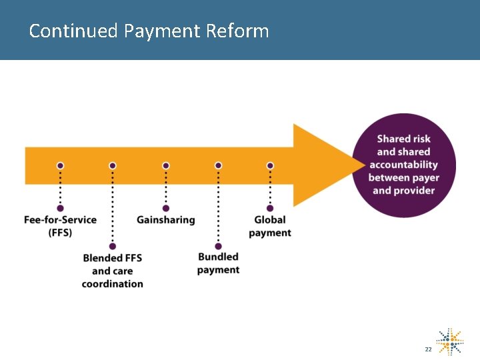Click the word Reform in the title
tap(237, 31)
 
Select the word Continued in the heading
tap(73, 31)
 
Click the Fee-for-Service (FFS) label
tap(60, 226)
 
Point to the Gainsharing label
tap(166, 220)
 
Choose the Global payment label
tap(270, 226)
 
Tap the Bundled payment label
tap(218, 263)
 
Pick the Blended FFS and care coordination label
tap(113, 271)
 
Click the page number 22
tap(428, 349)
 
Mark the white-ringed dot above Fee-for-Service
tap(60, 165)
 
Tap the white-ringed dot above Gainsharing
tap(166, 165)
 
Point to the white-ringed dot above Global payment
tap(270, 165)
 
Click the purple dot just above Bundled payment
tap(218, 246)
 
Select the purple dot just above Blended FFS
tap(113, 246)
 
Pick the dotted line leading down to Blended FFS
tap(113, 207)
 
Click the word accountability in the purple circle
tap(403, 165)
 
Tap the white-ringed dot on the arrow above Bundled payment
tap(218, 165)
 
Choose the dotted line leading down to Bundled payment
tap(218, 207)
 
